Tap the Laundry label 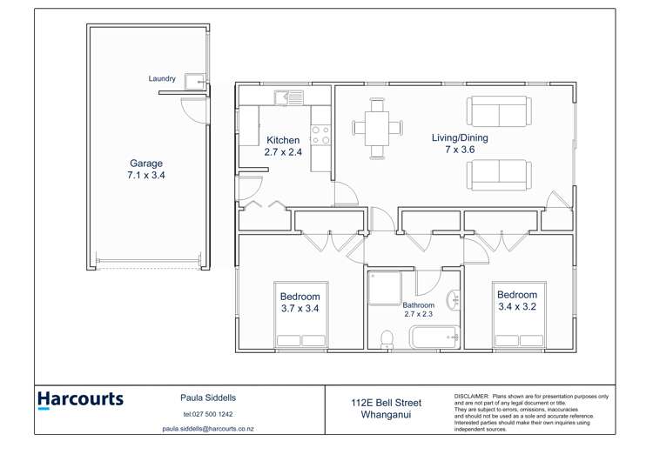[x=162, y=79]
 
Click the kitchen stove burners [x=320, y=136]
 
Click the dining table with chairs [x=378, y=128]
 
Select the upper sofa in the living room [x=499, y=111]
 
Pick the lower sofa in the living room [x=499, y=174]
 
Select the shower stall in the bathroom [x=384, y=288]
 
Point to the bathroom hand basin [x=453, y=302]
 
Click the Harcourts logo [x=80, y=400]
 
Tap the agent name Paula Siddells [x=208, y=398]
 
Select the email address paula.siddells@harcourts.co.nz [x=208, y=429]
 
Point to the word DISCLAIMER [x=471, y=396]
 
